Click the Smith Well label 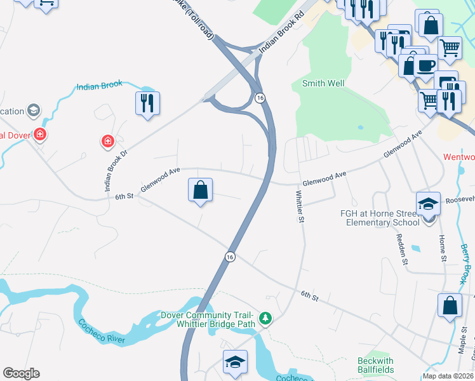coord(323,83)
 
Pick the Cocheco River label coord(102,331)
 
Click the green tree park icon coord(267,317)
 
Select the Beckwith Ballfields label coord(375,365)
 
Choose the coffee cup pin coord(426,65)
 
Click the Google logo coord(21,373)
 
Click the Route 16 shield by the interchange coord(260,97)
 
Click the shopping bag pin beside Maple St coord(450,305)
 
